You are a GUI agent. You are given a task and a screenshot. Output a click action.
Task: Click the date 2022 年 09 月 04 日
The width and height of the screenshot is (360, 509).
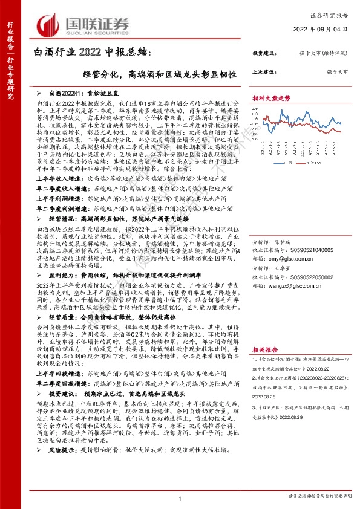(x=326, y=30)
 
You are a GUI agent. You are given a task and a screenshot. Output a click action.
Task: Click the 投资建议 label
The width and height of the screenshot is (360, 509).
(x=263, y=53)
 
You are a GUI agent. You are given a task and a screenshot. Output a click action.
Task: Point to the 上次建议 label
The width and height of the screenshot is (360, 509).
(x=263, y=71)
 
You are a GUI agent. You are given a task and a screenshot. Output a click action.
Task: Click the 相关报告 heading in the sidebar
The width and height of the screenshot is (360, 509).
(x=265, y=349)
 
